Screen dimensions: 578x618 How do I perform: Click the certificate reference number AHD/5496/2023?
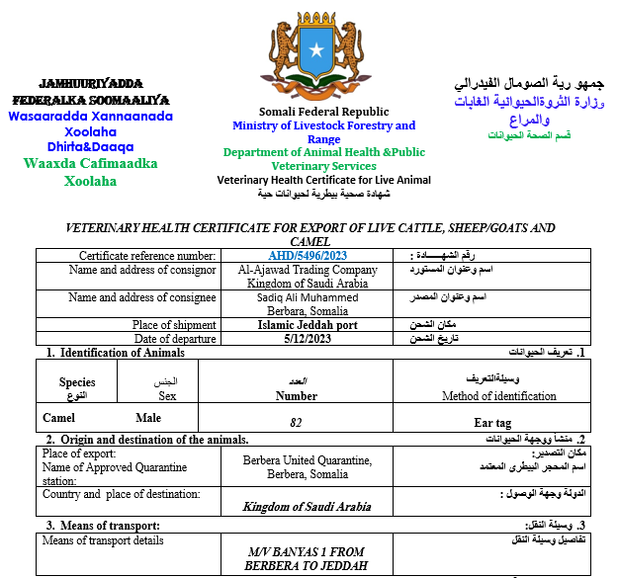click(x=309, y=256)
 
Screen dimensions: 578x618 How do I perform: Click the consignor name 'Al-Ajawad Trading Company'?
click(x=309, y=270)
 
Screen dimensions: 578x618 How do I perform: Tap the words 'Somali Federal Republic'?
click(x=323, y=112)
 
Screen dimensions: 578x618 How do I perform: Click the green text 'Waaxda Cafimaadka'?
click(x=90, y=164)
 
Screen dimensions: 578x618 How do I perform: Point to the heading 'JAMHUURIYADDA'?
click(x=89, y=83)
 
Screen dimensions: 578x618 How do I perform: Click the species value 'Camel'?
click(x=58, y=418)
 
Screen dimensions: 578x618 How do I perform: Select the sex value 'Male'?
click(x=147, y=418)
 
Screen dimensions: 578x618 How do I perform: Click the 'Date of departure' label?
click(x=174, y=338)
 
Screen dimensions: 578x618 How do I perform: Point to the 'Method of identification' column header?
click(x=498, y=396)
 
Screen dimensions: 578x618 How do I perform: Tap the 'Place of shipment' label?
click(x=174, y=325)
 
